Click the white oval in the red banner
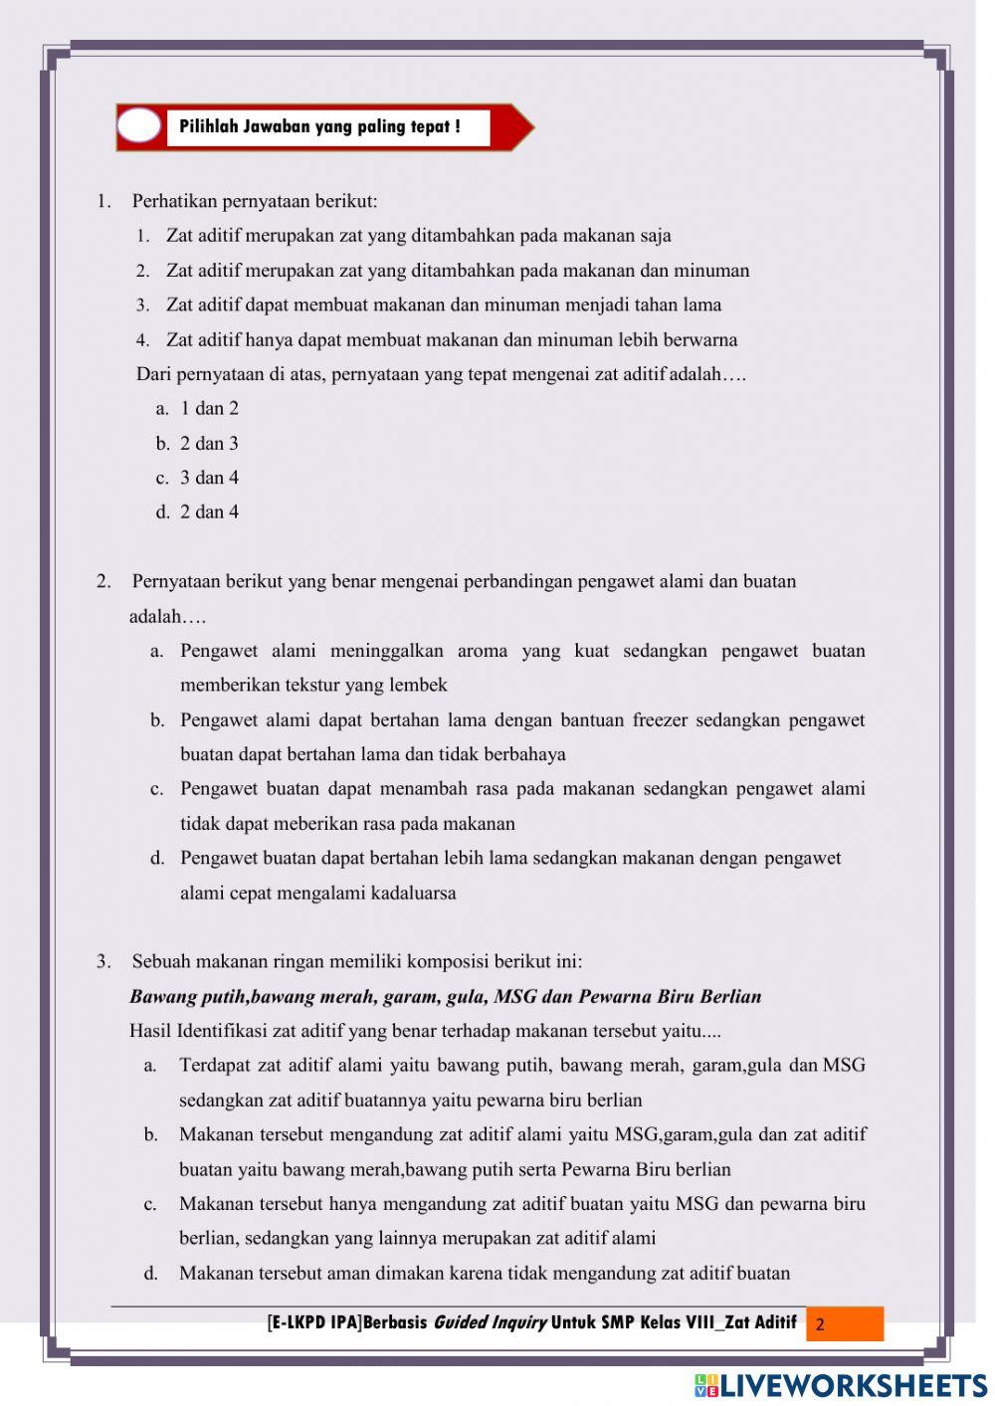[x=139, y=126]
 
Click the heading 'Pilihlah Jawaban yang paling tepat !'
[x=319, y=126]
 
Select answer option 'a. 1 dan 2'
[x=197, y=408]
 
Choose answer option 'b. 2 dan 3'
[x=197, y=443]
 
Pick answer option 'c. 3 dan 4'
[x=197, y=478]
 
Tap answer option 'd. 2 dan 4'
[x=197, y=511]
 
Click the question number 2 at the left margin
[x=103, y=581]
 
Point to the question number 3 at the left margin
[x=103, y=961]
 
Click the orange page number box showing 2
[x=844, y=1324]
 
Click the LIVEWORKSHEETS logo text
[x=852, y=1385]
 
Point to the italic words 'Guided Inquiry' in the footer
[x=489, y=1322]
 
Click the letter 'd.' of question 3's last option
[x=151, y=1273]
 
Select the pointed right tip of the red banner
[x=529, y=126]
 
